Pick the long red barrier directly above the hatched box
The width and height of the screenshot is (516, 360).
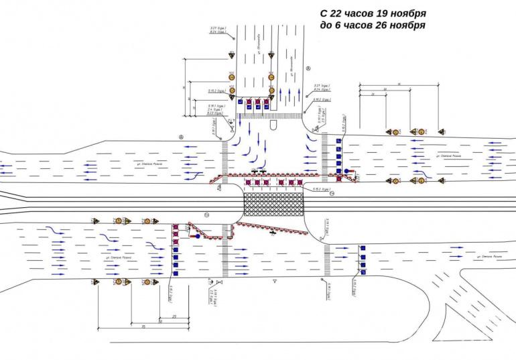click(268, 175)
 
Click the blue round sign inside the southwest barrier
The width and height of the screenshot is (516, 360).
click(198, 236)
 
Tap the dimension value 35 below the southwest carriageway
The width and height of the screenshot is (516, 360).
click(143, 326)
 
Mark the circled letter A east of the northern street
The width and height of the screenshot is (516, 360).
click(308, 68)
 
